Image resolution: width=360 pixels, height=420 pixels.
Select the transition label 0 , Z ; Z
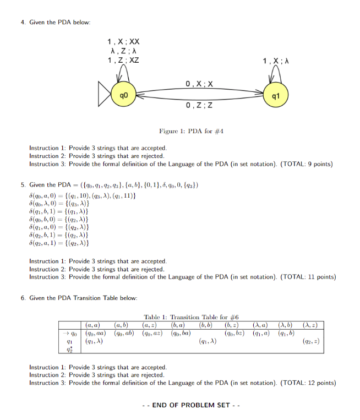point(199,105)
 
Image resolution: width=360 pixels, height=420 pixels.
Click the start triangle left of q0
point(105,95)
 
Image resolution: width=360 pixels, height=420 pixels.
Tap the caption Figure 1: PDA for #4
point(190,131)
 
